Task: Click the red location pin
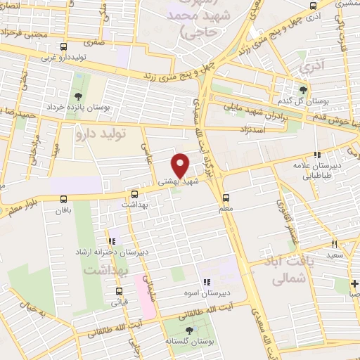click(x=181, y=165)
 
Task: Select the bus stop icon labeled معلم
click(x=226, y=198)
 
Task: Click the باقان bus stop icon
click(x=64, y=199)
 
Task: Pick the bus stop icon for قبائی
click(x=119, y=291)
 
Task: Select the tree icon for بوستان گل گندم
click(x=303, y=90)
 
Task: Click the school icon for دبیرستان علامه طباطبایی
click(x=317, y=155)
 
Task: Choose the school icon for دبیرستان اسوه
click(x=206, y=283)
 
